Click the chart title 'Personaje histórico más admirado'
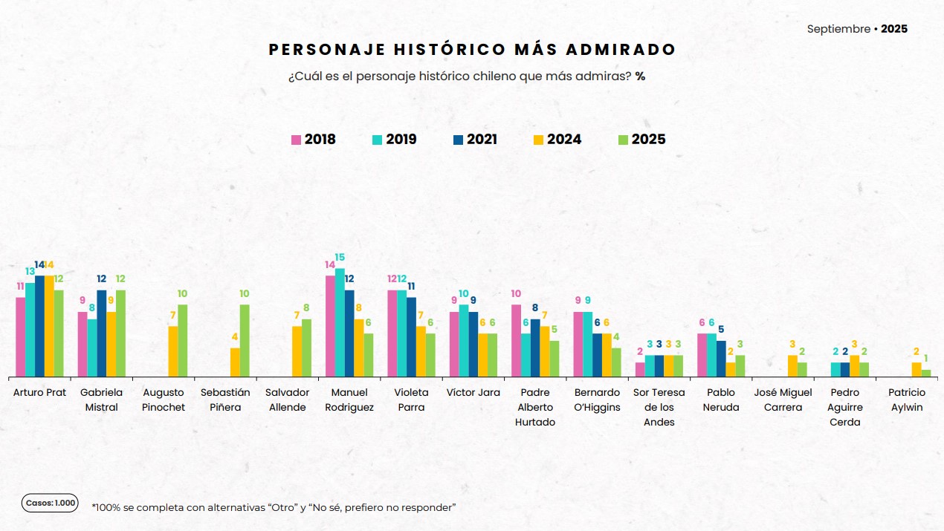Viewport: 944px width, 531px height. tap(472, 50)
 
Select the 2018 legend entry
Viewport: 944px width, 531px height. tap(313, 140)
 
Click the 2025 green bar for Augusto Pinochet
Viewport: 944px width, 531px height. tap(182, 340)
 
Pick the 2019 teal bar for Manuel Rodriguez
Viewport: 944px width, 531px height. tap(340, 322)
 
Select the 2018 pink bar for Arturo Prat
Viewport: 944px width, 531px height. tap(21, 337)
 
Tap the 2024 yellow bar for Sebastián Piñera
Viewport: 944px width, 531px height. tap(235, 362)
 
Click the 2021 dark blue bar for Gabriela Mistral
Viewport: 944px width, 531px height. tap(102, 333)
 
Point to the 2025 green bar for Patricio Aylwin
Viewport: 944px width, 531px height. tap(926, 373)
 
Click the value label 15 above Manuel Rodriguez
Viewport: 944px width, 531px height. tap(340, 258)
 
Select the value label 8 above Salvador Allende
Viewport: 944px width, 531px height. tap(306, 308)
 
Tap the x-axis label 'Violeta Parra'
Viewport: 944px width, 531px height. tap(411, 400)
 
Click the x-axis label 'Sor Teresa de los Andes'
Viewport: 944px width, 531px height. tap(659, 407)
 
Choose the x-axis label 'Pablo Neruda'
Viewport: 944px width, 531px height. tap(720, 400)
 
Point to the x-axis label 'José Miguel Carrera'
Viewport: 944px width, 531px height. tap(783, 400)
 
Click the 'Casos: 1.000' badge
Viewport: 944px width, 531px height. tap(50, 503)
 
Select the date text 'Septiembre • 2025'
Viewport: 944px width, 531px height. tap(857, 29)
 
